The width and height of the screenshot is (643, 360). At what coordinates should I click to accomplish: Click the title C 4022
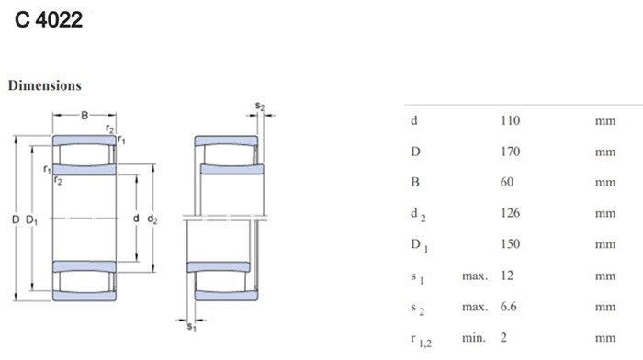[49, 19]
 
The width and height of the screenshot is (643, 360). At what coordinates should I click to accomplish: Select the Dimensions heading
[45, 85]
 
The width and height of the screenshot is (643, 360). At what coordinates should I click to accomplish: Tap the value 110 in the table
[510, 120]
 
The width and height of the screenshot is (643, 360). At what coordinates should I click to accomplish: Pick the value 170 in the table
[510, 152]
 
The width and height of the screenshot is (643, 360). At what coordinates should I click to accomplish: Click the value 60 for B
[507, 182]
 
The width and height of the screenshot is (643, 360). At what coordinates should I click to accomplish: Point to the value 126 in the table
[510, 213]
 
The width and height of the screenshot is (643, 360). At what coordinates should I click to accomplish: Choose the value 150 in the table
[510, 244]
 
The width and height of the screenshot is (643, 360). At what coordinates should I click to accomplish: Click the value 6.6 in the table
[509, 307]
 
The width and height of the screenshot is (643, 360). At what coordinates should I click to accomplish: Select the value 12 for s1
[507, 276]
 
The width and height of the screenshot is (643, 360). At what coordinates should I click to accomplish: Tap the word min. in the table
[474, 338]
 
